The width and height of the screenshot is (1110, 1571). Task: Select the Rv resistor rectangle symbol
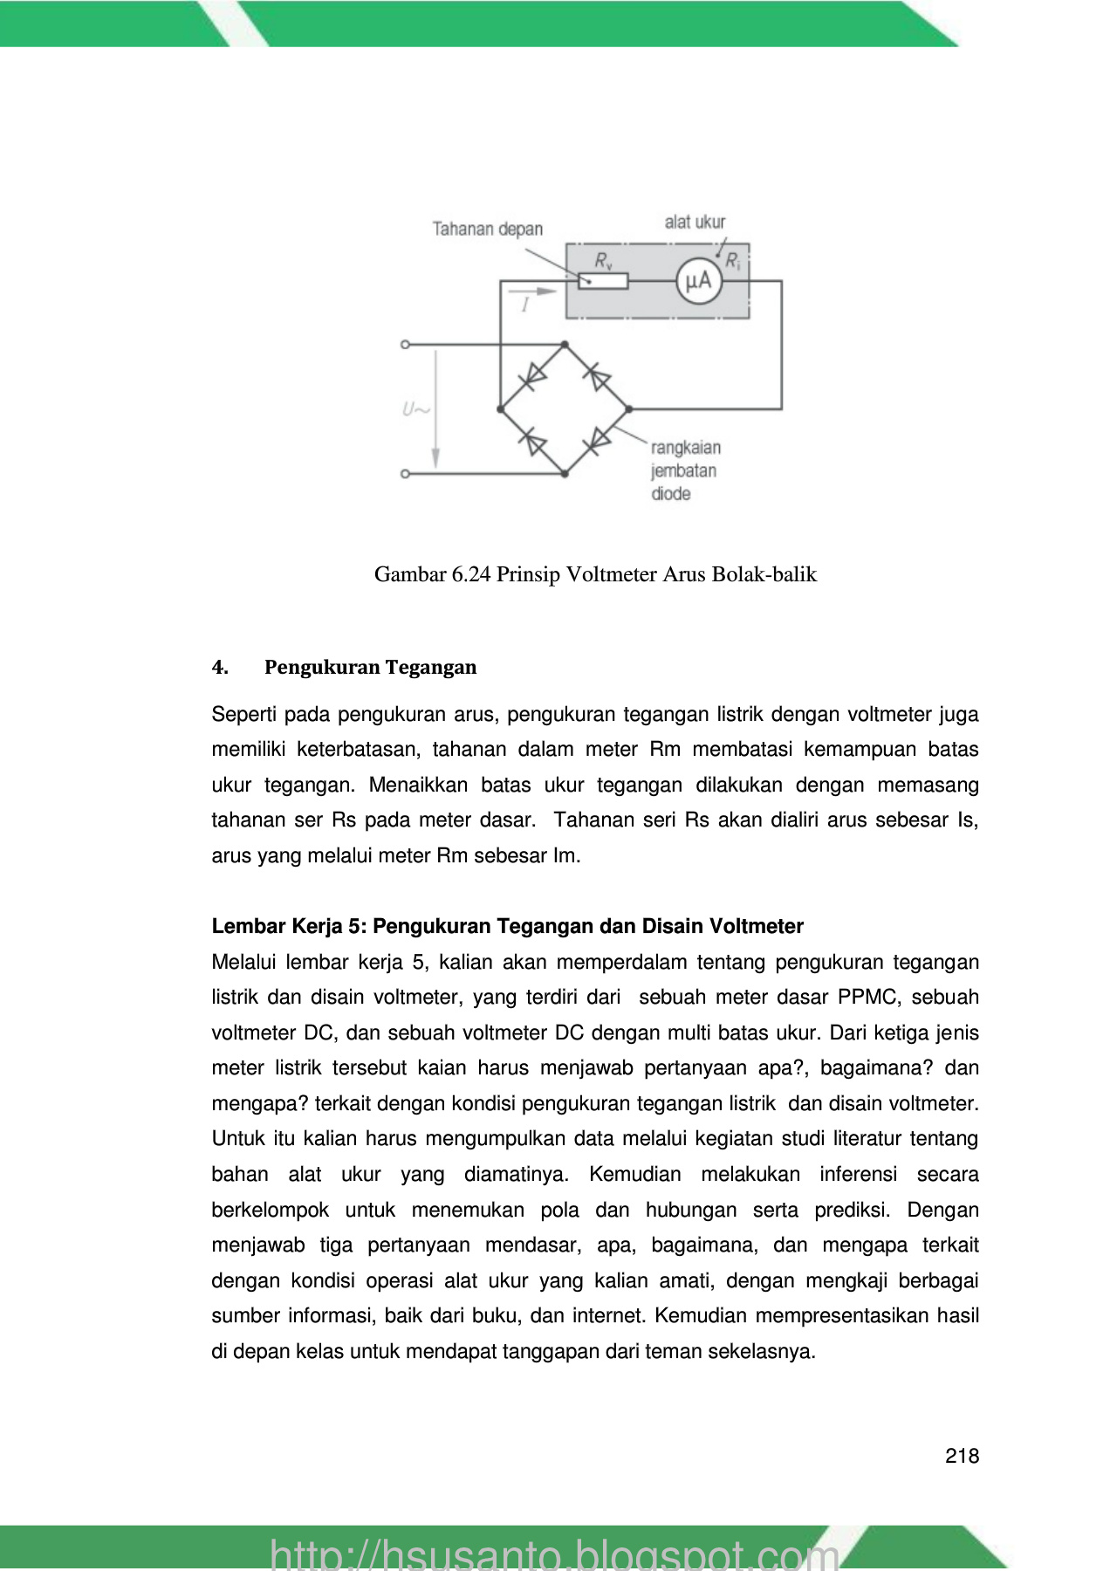pyautogui.click(x=603, y=281)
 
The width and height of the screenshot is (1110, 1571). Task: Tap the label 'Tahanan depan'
pyautogui.click(x=487, y=230)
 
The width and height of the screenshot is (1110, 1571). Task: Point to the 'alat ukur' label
pyautogui.click(x=695, y=222)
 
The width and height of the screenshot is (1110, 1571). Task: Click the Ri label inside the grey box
pyautogui.click(x=732, y=261)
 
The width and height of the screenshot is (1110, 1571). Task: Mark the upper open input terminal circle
pyautogui.click(x=405, y=345)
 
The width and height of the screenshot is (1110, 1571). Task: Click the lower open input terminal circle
pyautogui.click(x=405, y=474)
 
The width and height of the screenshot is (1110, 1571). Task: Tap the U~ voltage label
pyautogui.click(x=415, y=409)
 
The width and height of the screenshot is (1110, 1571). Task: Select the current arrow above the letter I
pyautogui.click(x=532, y=292)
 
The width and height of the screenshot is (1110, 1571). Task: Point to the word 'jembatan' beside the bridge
pyautogui.click(x=683, y=471)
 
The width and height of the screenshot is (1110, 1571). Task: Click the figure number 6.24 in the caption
pyautogui.click(x=471, y=574)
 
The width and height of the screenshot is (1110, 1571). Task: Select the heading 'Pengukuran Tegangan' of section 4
pyautogui.click(x=370, y=668)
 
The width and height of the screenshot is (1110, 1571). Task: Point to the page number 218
pyautogui.click(x=962, y=1456)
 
